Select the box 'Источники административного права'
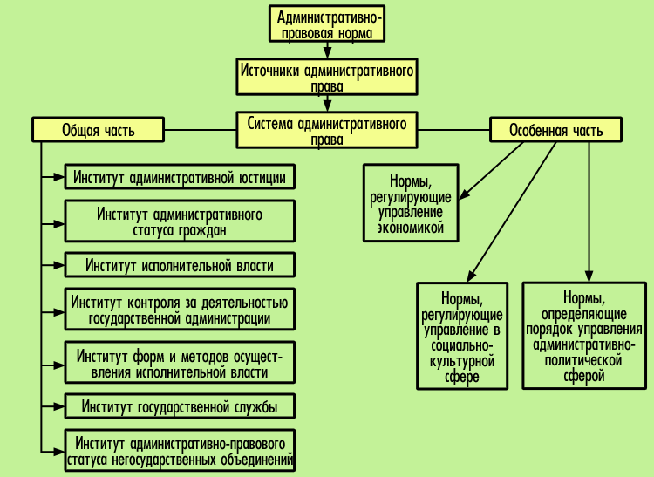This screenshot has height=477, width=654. (x=325, y=78)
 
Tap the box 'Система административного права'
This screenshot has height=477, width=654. (x=326, y=131)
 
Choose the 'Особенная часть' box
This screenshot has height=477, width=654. (x=555, y=130)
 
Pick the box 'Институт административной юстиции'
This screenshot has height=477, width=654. (x=180, y=177)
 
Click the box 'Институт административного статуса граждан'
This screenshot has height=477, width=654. (x=180, y=221)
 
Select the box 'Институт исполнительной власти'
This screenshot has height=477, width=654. (x=180, y=265)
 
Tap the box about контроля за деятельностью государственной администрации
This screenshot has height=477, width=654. (x=180, y=310)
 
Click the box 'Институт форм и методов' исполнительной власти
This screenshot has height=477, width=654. (x=180, y=364)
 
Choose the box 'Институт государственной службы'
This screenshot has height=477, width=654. (x=180, y=407)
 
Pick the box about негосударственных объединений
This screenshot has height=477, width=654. (x=180, y=451)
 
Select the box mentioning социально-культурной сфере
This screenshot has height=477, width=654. (x=462, y=336)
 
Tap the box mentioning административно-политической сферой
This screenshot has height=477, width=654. (x=584, y=336)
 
